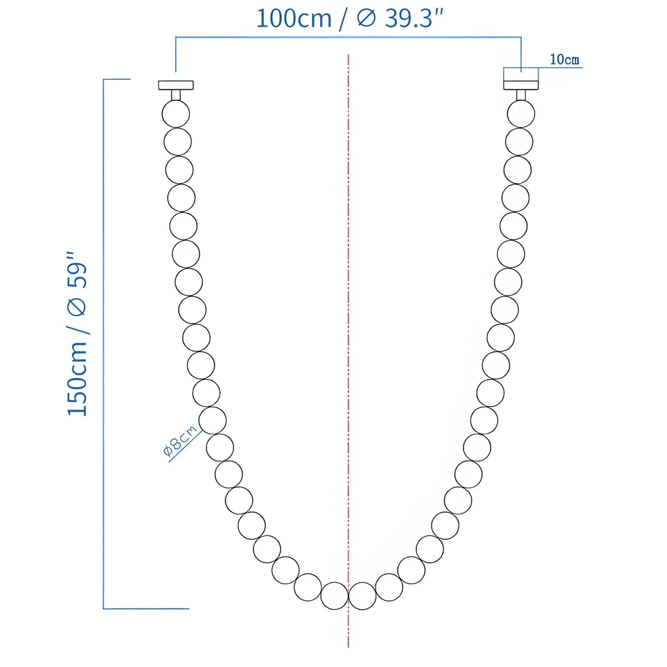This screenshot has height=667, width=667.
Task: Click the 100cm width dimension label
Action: coord(293,19)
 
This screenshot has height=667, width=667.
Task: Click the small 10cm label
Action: coord(564,60)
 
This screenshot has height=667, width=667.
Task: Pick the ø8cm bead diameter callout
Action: coord(181,441)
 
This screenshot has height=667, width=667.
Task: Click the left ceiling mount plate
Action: coord(176,85)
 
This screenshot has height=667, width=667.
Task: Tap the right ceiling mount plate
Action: coord(521,85)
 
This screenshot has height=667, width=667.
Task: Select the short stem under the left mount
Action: coord(176,95)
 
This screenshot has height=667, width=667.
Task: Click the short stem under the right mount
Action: coord(521,95)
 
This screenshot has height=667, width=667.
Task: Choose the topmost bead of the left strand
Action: coord(176,114)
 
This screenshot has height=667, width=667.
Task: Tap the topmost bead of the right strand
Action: coord(521,114)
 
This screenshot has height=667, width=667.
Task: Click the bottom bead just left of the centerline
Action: coord(334,596)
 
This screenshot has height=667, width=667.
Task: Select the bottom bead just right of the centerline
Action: coord(362,596)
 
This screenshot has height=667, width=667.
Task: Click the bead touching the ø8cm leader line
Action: coord(212,420)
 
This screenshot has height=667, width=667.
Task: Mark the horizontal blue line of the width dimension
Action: coord(348,37)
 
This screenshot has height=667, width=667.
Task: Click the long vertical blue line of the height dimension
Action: coord(103,342)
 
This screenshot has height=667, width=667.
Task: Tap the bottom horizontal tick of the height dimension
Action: coord(146,609)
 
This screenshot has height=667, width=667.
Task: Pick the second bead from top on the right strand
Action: coord(519,142)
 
